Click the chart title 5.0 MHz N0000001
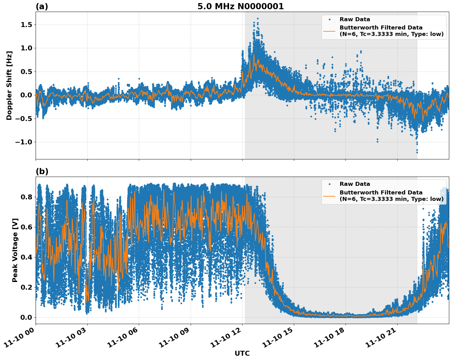(240, 6)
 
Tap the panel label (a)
(42, 6)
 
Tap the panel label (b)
(42, 171)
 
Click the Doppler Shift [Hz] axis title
(9, 85)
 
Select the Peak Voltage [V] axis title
(15, 250)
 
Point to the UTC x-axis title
(242, 353)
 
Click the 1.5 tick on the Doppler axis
(26, 25)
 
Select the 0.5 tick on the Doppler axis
(26, 72)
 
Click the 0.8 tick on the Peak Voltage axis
(26, 197)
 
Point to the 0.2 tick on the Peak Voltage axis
(26, 287)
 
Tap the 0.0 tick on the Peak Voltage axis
(26, 317)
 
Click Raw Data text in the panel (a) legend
(355, 19)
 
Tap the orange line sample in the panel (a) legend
(329, 31)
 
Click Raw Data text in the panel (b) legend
(355, 184)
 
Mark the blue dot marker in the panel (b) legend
(329, 184)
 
